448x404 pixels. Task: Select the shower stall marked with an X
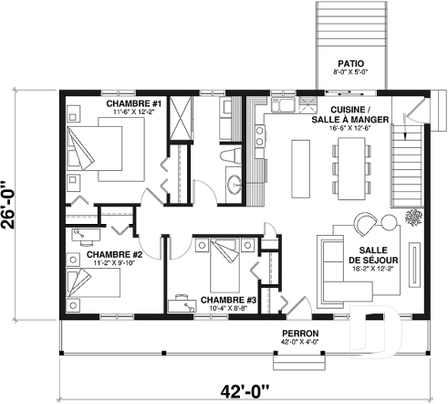point(182,119)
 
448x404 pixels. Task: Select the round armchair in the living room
point(365,226)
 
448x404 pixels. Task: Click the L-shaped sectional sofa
point(334,265)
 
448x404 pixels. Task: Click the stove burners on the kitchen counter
point(259,137)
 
